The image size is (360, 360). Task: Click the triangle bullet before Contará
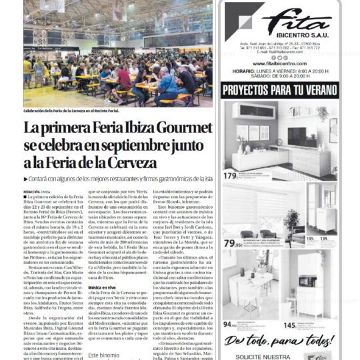coord(26,179)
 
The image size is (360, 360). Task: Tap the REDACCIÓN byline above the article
coord(35,191)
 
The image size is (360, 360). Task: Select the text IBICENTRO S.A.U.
coord(295,31)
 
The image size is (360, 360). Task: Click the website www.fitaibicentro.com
coord(279,63)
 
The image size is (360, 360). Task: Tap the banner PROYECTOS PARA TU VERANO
coord(279,89)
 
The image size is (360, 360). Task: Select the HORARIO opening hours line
coord(279,71)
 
